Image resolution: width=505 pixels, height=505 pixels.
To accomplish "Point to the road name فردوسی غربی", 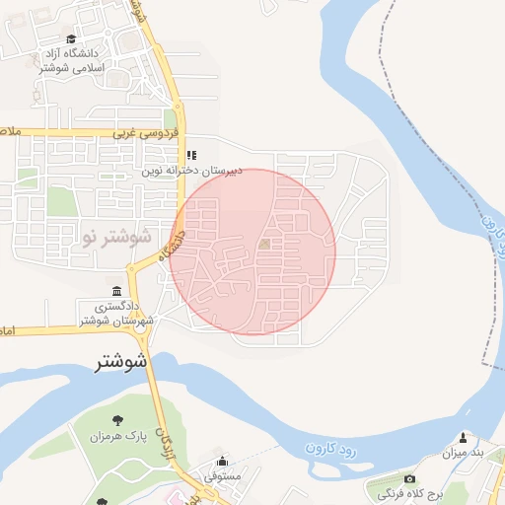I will coord(145,131).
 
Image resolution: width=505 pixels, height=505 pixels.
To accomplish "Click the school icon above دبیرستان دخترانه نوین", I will coord(191,155).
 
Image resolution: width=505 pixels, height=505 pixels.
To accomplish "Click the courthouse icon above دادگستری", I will coord(117,291).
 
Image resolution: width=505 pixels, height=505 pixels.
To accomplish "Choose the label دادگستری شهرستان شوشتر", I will coord(117,315).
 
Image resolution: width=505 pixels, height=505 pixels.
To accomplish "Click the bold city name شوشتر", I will coord(121,362).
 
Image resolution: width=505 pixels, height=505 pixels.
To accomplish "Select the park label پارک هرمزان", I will coord(111,437).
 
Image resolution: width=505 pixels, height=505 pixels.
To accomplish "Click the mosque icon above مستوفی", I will coord(221,460).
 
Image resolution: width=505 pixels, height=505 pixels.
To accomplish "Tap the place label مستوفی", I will coord(223,475).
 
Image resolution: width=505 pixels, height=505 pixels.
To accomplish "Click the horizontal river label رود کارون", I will coord(327,448).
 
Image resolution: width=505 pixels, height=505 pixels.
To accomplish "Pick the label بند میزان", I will coord(466,454).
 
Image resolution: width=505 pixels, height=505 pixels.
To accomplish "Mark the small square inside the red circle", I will coord(263,244).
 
